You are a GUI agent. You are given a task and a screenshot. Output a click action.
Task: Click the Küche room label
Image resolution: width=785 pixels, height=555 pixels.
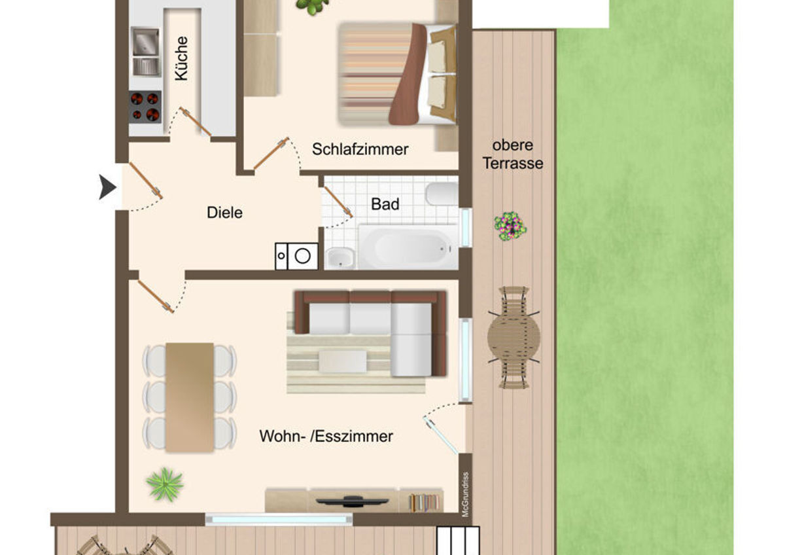tap(182, 58)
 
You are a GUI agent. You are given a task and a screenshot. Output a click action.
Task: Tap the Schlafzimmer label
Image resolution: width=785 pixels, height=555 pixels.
tap(360, 150)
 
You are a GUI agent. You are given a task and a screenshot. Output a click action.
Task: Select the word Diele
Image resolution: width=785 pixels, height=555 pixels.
tap(224, 213)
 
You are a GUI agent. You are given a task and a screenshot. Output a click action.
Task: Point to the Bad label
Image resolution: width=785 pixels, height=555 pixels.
tap(385, 204)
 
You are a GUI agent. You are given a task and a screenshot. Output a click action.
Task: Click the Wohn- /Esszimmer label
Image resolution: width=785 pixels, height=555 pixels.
tap(326, 437)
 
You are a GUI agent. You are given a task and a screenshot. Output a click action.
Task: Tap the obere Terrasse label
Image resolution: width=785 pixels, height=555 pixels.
tap(513, 154)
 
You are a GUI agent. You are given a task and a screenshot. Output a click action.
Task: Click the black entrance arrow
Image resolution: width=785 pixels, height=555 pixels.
tap(107, 187)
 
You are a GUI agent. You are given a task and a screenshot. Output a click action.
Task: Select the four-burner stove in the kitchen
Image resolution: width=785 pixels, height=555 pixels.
tap(145, 107)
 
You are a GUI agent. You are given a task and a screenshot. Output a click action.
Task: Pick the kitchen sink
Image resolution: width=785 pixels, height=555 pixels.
tap(146, 52)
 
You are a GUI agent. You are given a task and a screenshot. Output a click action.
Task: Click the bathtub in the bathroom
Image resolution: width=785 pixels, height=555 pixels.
tap(408, 247)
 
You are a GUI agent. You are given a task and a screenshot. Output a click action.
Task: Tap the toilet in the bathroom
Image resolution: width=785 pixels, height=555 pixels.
tap(442, 194)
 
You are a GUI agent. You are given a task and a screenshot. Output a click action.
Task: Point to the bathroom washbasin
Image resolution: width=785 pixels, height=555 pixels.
tap(340, 259)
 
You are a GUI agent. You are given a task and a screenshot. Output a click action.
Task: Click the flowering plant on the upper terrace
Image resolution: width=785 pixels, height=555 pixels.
tap(510, 226)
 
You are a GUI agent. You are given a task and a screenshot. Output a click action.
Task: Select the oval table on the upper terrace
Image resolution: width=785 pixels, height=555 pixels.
tap(514, 338)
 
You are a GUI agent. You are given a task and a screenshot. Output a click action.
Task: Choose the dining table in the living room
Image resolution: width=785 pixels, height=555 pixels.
tap(190, 397)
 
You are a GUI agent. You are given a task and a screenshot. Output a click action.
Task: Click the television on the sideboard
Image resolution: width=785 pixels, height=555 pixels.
tap(352, 501)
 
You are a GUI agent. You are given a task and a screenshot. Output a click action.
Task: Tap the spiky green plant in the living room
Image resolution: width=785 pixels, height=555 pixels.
tap(165, 484)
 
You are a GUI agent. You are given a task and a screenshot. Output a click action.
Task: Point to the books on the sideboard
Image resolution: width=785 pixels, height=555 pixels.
tap(423, 502)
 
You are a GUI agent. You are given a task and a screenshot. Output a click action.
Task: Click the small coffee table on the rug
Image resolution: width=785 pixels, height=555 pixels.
tap(343, 361)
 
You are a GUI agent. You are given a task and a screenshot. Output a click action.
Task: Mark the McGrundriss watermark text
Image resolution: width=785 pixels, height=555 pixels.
tap(465, 494)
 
